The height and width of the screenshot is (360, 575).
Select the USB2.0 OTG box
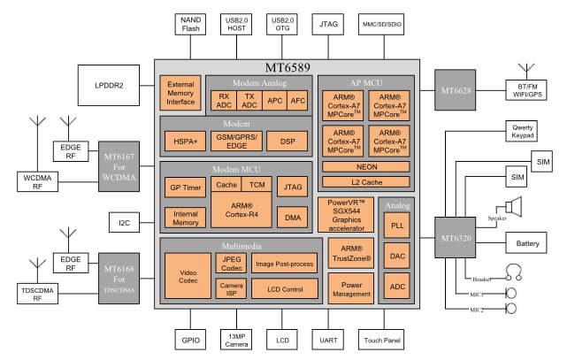282,24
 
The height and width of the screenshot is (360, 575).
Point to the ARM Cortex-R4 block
234,210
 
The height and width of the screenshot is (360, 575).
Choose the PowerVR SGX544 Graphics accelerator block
347,216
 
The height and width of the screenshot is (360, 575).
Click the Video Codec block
187,275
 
